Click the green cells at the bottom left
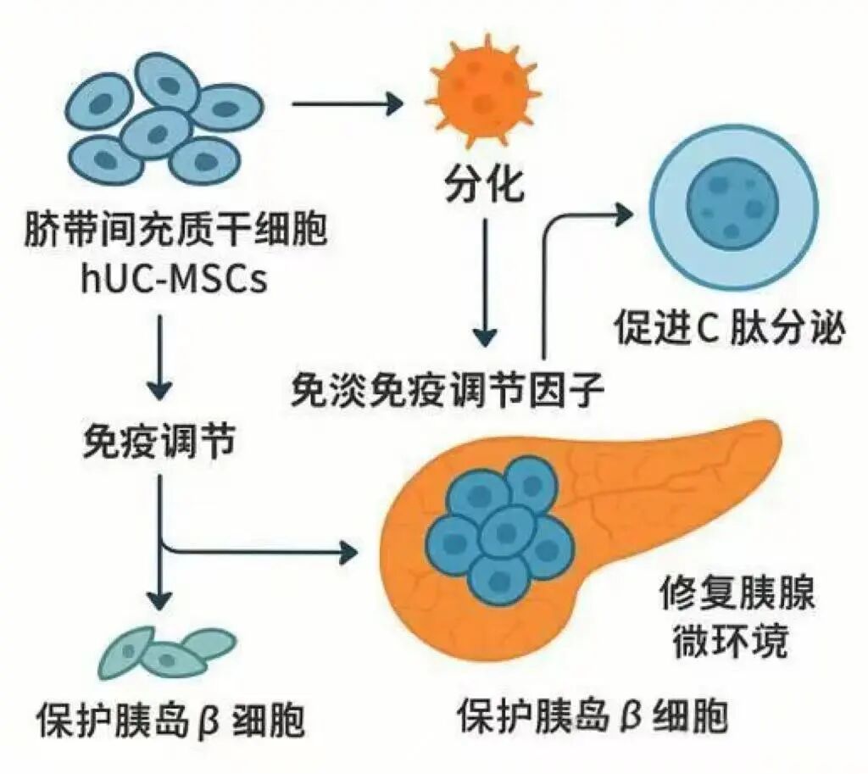pyautogui.click(x=164, y=651)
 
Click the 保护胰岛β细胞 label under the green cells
pyautogui.click(x=170, y=721)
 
